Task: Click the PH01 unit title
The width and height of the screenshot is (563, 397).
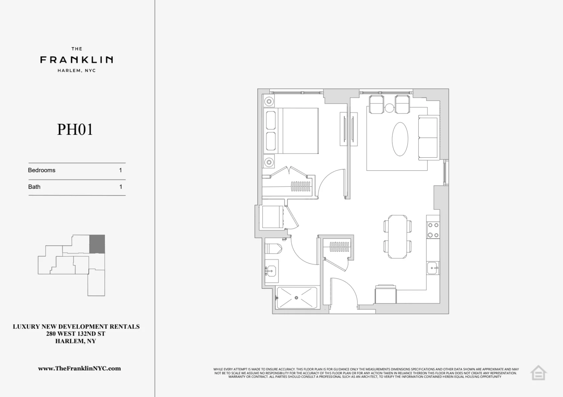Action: pos(75,130)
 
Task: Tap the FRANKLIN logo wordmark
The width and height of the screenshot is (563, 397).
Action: pos(77,60)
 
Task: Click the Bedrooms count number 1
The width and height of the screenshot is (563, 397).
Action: pos(120,170)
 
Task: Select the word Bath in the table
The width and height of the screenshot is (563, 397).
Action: pos(34,187)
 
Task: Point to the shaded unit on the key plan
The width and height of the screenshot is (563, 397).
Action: pos(97,244)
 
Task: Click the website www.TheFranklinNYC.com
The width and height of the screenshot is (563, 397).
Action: pos(79,369)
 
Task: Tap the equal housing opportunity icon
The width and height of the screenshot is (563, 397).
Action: pos(538,373)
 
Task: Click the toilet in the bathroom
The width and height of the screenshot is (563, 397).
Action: pos(273,249)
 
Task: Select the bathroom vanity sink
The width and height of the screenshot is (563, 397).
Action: pos(271,271)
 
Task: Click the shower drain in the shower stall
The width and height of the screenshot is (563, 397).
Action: pos(296,298)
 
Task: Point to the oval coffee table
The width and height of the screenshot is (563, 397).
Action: pos(400,139)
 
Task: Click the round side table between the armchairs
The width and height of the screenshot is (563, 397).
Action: pos(389,108)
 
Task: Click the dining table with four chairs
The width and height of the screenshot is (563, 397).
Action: pos(398,237)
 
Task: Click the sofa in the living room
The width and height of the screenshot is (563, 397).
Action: pos(428,137)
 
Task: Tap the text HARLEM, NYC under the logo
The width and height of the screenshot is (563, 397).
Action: pos(77,71)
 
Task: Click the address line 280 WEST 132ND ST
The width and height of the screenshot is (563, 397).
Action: pos(76,334)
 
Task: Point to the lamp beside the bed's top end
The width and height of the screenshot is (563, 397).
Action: pos(269,101)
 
